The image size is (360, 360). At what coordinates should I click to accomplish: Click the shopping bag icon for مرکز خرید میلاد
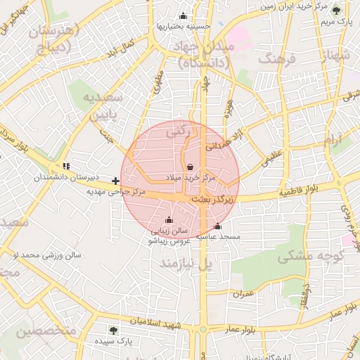point(191,167)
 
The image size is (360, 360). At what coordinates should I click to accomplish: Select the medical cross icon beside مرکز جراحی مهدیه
point(115,181)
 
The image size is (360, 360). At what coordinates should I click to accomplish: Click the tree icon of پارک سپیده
point(113,330)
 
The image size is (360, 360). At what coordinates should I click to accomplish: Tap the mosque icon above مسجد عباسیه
point(217,226)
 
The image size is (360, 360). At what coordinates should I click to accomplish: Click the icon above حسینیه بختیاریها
point(184,16)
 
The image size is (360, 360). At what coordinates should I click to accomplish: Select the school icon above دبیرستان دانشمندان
point(66,167)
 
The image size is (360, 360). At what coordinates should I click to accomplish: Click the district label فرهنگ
point(275,58)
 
